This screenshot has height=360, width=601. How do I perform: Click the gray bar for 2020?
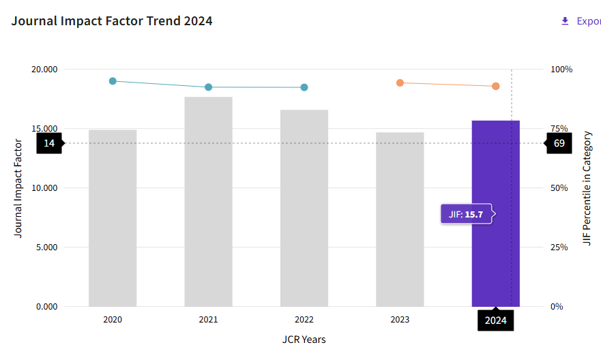point(113,218)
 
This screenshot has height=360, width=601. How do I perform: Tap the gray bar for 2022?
point(304,208)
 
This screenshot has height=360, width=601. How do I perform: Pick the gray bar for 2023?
point(400,220)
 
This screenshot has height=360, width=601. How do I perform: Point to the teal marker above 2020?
point(113,81)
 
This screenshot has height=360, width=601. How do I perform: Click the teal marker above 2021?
point(209,87)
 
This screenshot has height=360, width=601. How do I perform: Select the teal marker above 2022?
point(304,87)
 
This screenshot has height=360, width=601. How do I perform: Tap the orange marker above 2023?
point(400,82)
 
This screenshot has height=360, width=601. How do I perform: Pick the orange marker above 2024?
point(496,86)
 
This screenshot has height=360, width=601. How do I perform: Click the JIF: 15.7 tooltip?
point(467,214)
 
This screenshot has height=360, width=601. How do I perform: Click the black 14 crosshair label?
point(49,143)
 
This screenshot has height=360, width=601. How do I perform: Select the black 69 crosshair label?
point(559,143)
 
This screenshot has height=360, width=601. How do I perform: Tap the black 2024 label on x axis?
point(496,320)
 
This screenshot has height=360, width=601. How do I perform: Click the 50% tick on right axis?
point(560,188)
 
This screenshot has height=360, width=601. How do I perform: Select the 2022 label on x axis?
point(304,319)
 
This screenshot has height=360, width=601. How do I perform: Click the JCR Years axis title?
point(304,339)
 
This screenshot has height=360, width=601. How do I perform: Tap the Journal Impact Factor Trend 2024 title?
point(112,21)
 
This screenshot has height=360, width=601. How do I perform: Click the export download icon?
point(565,21)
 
